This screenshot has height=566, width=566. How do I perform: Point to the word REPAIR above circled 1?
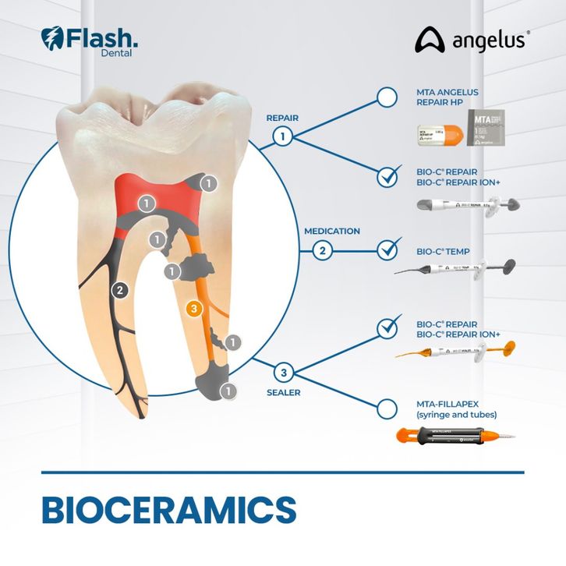(x=282, y=119)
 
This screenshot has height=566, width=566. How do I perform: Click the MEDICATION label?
(x=332, y=232)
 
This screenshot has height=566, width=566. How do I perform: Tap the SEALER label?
(x=284, y=392)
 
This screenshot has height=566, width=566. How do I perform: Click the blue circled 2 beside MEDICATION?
(x=321, y=251)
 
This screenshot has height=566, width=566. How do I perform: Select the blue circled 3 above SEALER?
(x=285, y=372)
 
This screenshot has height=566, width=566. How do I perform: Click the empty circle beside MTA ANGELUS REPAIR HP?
(x=387, y=97)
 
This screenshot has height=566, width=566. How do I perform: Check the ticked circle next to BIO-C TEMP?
(x=387, y=251)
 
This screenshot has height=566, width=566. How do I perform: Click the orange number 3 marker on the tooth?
(x=195, y=310)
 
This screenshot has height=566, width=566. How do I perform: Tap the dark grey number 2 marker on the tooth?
(x=119, y=291)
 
